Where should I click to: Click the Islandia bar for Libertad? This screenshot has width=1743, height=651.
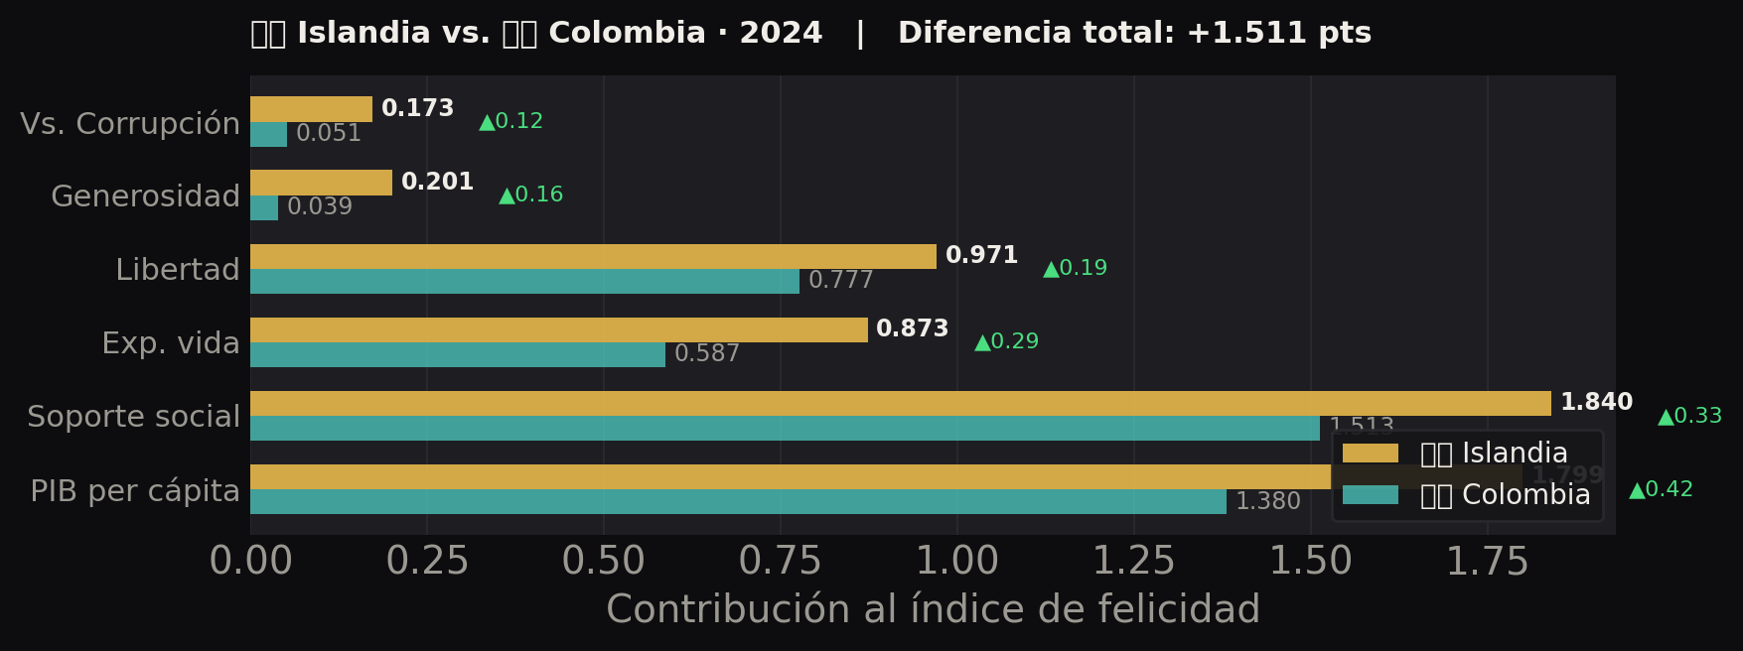click(593, 256)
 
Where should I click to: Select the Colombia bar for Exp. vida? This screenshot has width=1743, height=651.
click(458, 354)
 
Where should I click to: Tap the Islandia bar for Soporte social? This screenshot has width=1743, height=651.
click(900, 403)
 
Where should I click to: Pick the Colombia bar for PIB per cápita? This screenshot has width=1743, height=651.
click(738, 501)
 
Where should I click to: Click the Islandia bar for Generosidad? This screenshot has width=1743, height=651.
click(321, 183)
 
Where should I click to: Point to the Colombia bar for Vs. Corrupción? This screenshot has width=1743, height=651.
click(268, 134)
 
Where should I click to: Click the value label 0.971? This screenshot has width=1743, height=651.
click(981, 256)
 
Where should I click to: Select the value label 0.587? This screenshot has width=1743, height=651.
click(706, 354)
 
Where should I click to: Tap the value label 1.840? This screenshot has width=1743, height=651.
click(1596, 403)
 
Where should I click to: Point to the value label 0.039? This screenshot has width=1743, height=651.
click(320, 207)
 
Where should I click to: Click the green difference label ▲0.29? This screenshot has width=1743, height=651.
click(1007, 342)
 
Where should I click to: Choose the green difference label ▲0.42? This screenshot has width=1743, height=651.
click(1661, 490)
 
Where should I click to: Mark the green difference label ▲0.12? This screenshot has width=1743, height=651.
click(511, 122)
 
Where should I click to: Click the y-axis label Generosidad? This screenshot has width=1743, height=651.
click(145, 196)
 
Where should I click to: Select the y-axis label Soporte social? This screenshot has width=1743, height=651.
click(133, 417)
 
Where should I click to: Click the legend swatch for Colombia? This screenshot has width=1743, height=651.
click(1370, 495)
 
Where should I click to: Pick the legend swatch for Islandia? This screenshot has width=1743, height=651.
click(1370, 454)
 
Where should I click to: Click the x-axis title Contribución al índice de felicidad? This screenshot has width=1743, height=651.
click(933, 609)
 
